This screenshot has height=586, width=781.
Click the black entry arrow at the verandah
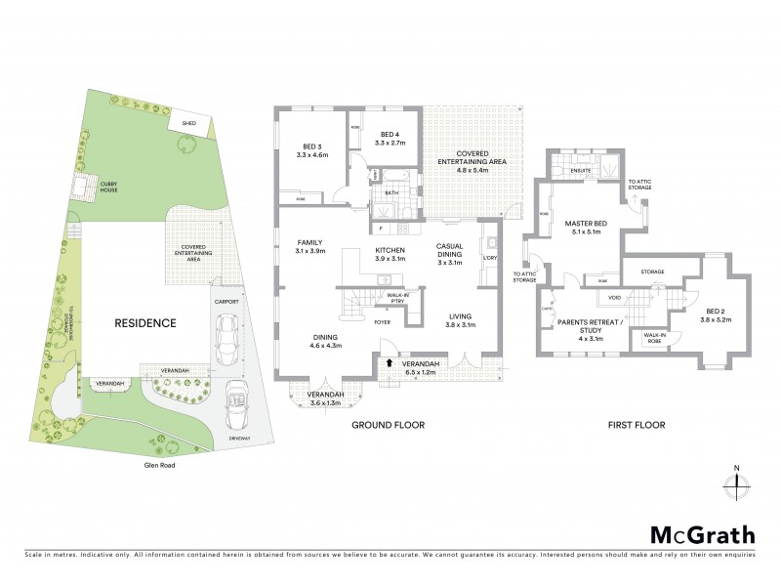pyautogui.click(x=391, y=363)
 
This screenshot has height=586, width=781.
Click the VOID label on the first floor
pyautogui.click(x=615, y=296)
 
